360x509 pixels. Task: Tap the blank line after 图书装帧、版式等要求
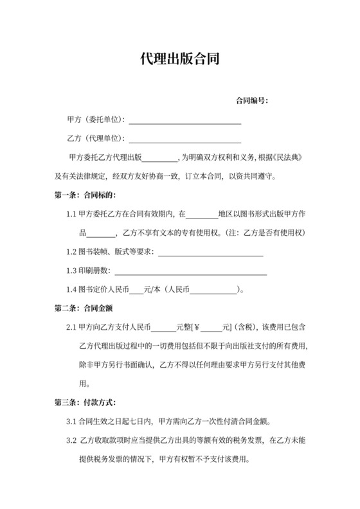(x=210, y=252)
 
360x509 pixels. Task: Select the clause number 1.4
(x=71, y=289)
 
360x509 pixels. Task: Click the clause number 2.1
(x=71, y=327)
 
